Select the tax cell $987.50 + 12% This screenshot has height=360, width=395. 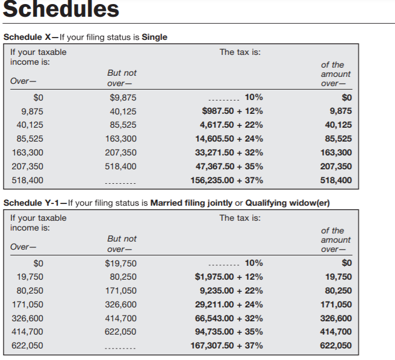pyautogui.click(x=232, y=111)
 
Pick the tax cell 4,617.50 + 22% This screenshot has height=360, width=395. pyautogui.click(x=231, y=125)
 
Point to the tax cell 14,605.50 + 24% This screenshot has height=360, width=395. pyautogui.click(x=229, y=139)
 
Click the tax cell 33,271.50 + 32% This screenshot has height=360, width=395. pyautogui.click(x=229, y=153)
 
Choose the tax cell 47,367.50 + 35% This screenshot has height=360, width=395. pyautogui.click(x=229, y=166)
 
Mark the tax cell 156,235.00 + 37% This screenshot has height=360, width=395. pyautogui.click(x=227, y=180)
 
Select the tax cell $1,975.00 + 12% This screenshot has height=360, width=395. pyautogui.click(x=229, y=277)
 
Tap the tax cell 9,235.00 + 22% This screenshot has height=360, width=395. pyautogui.click(x=231, y=291)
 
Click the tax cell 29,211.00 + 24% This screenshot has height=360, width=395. pyautogui.click(x=229, y=305)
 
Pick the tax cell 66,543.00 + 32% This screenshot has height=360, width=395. pyautogui.click(x=229, y=318)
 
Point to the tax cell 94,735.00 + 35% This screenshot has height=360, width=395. pyautogui.click(x=229, y=332)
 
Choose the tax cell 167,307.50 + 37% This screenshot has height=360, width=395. pyautogui.click(x=227, y=346)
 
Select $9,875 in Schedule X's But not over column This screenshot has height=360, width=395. pyautogui.click(x=123, y=98)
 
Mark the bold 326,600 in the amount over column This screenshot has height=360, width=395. pyautogui.click(x=335, y=318)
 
